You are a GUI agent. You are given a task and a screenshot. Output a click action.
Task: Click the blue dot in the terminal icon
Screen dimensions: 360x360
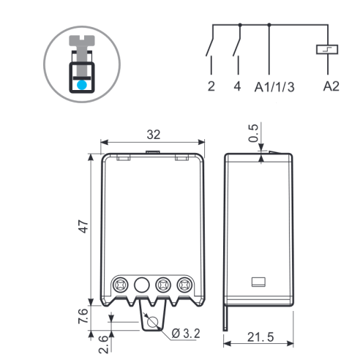(x=82, y=85)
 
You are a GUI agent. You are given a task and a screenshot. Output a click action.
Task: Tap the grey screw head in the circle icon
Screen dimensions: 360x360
(x=82, y=40)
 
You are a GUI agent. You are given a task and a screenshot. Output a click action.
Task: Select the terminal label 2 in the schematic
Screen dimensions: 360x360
(x=211, y=86)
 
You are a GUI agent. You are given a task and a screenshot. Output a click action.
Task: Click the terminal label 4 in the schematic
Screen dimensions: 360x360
(x=237, y=86)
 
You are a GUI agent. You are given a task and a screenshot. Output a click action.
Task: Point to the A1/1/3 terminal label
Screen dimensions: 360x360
(x=274, y=87)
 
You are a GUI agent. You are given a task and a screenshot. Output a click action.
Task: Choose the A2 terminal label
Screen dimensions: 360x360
(x=331, y=86)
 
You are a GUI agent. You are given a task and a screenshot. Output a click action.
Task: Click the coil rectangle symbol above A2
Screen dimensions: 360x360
(x=327, y=49)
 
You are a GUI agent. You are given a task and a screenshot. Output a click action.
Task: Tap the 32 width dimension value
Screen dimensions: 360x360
(x=154, y=135)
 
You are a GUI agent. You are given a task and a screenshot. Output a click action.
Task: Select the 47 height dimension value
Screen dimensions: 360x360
(x=84, y=227)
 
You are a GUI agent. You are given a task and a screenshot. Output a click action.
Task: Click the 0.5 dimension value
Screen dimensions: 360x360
(x=253, y=133)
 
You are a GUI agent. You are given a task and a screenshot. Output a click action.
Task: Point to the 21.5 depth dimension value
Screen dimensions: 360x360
(x=260, y=337)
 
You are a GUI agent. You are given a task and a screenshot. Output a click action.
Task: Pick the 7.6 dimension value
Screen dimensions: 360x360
(x=83, y=316)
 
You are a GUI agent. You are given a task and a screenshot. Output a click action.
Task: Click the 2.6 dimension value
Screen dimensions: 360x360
(x=103, y=344)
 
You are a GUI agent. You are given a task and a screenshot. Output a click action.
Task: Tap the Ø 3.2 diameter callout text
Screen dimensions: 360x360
(x=186, y=334)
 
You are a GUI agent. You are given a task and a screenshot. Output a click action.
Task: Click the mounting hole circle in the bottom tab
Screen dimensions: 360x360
(x=153, y=323)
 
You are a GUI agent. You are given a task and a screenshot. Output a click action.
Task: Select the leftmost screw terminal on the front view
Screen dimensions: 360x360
(x=121, y=285)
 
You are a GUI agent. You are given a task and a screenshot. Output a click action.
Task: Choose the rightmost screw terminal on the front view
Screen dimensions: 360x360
(x=184, y=285)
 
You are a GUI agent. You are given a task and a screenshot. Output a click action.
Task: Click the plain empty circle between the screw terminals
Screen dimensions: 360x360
(x=142, y=285)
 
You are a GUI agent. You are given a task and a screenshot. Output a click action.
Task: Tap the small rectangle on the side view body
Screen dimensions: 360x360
(x=258, y=282)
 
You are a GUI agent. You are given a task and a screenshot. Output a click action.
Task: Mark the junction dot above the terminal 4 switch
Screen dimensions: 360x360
(x=240, y=25)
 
